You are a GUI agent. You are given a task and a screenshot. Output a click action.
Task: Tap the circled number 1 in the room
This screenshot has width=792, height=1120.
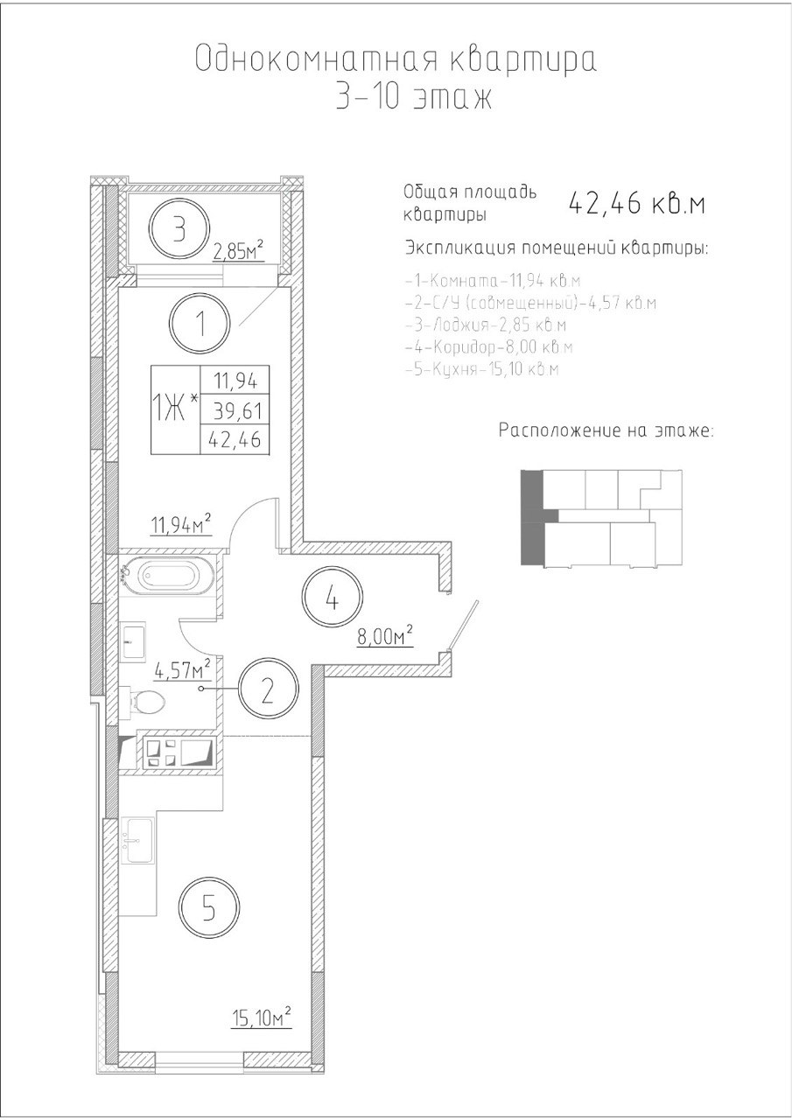point(200,323)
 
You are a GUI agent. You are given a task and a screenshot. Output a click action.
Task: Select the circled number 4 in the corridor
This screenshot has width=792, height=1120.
point(332,597)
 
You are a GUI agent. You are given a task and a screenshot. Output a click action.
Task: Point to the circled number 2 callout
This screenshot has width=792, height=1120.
point(269,689)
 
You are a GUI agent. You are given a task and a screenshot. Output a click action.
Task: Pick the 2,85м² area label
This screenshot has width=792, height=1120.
point(238,251)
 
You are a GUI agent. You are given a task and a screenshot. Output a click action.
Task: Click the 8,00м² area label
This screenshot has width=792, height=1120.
point(384,635)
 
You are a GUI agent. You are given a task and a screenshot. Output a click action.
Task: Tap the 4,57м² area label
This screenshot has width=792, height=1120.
point(182,670)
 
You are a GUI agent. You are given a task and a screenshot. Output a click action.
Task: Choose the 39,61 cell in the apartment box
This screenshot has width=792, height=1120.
point(237,411)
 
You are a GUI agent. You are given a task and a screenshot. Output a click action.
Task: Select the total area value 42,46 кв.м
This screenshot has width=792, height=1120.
point(636,204)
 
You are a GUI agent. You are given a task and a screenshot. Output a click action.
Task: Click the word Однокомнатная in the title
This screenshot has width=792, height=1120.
point(316,59)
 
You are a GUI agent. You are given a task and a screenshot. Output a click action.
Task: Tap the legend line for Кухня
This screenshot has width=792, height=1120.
point(482,369)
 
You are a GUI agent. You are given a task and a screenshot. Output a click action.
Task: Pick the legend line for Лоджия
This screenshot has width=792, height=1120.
point(486,325)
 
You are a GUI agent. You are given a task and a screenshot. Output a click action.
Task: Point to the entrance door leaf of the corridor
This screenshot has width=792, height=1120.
point(465,626)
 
